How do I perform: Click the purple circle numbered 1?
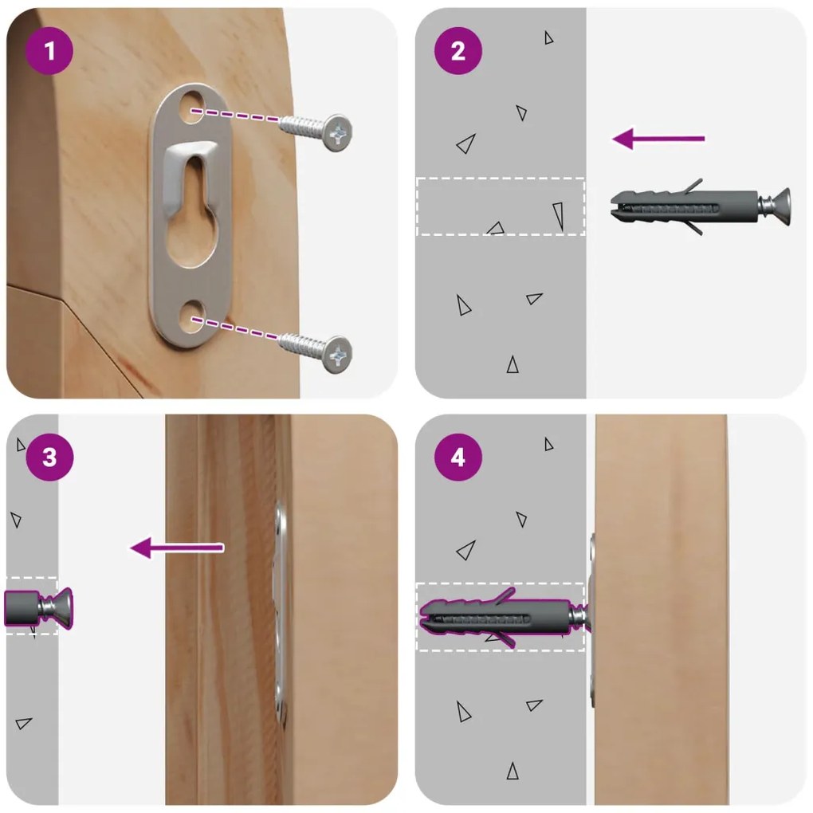click(x=49, y=51)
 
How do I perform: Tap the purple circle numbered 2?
click(x=458, y=51)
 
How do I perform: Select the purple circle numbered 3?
click(x=49, y=458)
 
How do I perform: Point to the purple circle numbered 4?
click(x=458, y=458)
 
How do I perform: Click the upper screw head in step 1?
click(x=337, y=133)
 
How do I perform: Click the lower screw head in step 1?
click(x=337, y=355)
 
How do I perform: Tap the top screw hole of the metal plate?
click(x=192, y=106)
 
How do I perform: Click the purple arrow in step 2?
click(x=658, y=139)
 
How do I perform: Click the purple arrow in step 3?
click(x=177, y=548)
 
